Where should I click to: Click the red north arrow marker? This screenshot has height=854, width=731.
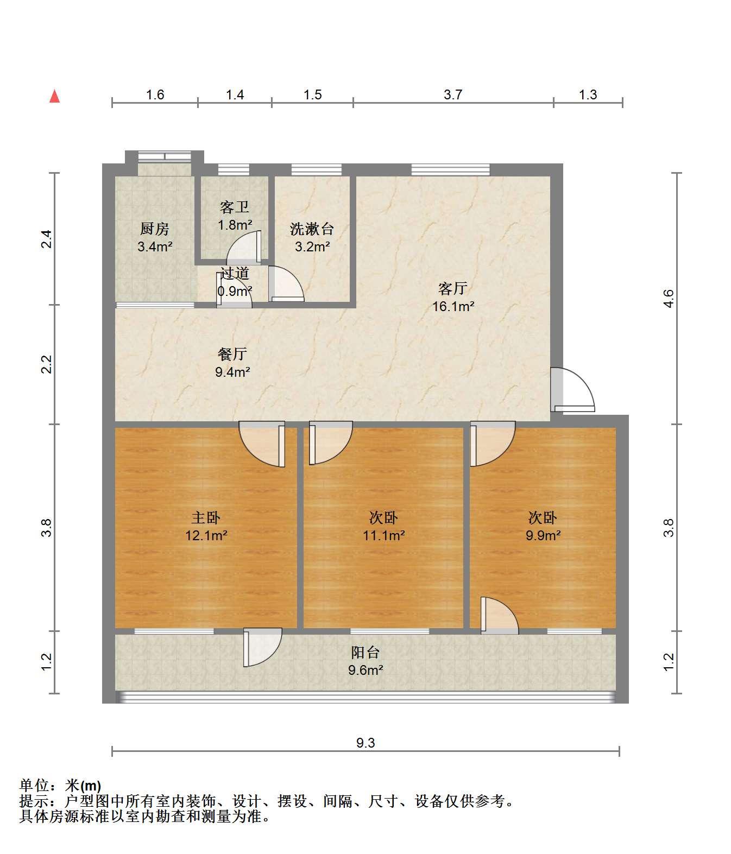coord(54,96)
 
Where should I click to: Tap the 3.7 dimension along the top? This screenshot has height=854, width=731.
coord(452,94)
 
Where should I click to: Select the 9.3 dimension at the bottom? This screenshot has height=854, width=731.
coord(365,743)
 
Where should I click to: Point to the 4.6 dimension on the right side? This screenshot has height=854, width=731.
coord(668,298)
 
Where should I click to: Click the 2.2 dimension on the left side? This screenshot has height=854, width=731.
coord(47,364)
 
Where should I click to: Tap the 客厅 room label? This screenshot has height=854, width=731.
coord(453,288)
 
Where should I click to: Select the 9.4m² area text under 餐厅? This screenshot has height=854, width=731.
coord(232,372)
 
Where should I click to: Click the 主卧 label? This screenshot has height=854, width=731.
coord(206,517)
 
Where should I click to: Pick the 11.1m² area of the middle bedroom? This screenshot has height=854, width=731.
coord(383,535)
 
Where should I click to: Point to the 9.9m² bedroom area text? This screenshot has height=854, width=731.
coord(543,535)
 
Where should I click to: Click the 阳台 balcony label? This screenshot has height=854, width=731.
coord(365,652)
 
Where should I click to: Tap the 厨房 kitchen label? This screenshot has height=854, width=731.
coord(155,229)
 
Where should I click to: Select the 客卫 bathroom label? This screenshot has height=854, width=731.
coord(234,207)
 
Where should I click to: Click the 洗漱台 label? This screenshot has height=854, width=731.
coord(312,229)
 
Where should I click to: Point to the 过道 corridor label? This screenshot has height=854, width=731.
coord(235,273)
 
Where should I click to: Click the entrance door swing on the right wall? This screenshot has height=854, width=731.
coord(572,389)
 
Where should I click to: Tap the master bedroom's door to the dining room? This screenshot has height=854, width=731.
coord(262,444)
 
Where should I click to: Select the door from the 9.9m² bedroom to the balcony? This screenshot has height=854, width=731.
coord(499,616)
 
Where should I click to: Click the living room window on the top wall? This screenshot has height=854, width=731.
coord(450,169)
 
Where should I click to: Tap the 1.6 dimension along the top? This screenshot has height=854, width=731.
coord(155,94)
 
